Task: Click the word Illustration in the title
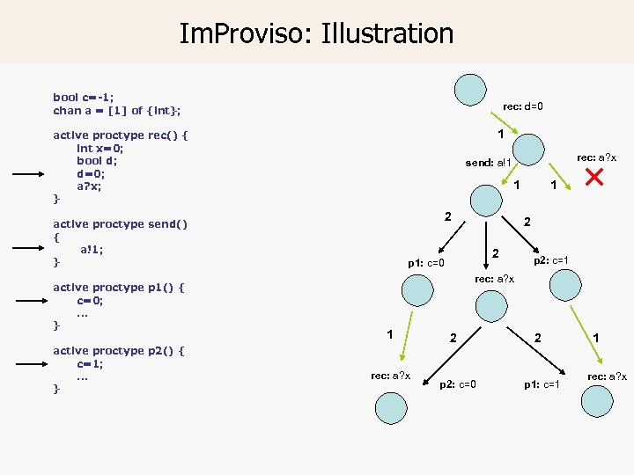click(x=387, y=33)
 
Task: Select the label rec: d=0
click(x=522, y=106)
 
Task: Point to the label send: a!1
click(x=488, y=163)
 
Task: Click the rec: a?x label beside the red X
click(x=596, y=157)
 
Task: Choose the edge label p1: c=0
click(x=425, y=262)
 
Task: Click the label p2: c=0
click(x=458, y=384)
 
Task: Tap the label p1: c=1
click(x=542, y=384)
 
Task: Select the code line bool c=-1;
click(x=84, y=97)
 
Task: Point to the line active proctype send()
click(x=120, y=223)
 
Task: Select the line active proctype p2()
click(x=117, y=350)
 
